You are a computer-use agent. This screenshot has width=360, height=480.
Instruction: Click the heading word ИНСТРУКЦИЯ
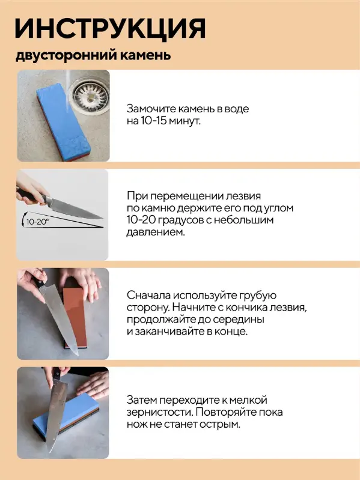[110, 28]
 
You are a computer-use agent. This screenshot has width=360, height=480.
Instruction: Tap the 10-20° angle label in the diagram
[37, 222]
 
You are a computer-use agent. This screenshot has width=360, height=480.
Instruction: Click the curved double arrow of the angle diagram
[23, 219]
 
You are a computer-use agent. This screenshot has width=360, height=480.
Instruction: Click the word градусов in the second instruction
[176, 220]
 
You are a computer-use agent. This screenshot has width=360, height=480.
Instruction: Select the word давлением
[156, 232]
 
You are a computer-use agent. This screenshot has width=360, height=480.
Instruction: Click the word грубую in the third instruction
[258, 296]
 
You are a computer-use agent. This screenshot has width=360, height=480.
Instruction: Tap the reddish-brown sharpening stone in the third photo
[76, 312]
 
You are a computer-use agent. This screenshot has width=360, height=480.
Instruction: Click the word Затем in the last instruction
[142, 400]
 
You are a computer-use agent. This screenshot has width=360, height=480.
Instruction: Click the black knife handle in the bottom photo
[56, 374]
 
